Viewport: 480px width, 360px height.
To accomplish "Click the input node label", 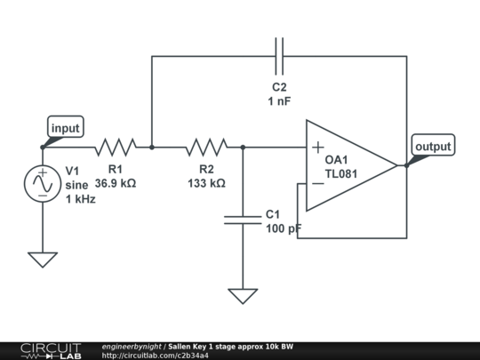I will coord(65,128).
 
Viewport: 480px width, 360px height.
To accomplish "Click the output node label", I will coord(433,146).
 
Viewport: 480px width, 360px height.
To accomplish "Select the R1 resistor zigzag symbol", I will coord(116,147).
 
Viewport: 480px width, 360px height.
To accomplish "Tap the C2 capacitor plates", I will coord(279,56).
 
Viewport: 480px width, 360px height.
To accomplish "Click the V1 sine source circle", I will coord(42,183).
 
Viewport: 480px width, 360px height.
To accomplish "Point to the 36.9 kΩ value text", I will coord(116,183).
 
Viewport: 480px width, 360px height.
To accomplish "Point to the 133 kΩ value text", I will coord(206,183).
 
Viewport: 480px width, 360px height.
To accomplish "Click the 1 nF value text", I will coord(279,102).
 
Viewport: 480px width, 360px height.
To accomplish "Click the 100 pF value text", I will coord(284,228).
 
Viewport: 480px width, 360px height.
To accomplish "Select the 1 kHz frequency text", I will coord(80,199).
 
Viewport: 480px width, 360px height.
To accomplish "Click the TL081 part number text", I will coord(341,174).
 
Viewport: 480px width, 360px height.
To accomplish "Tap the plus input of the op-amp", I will coord(317,148).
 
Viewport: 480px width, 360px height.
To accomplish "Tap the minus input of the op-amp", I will coord(317,184).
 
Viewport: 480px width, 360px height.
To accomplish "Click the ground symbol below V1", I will coord(42,259).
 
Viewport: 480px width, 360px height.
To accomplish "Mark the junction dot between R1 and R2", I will coord(152,147).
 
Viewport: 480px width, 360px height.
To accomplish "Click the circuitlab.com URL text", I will coord(156,356).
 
